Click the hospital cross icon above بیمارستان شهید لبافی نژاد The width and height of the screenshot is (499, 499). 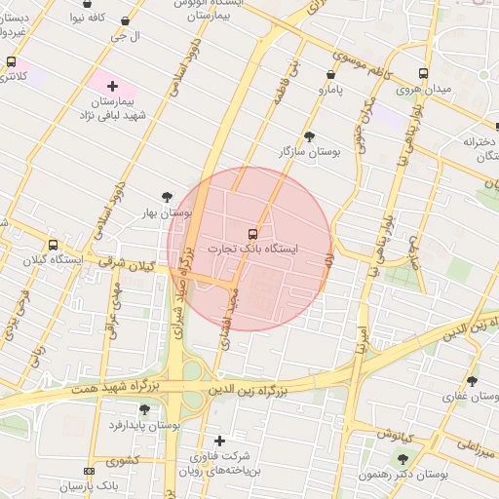(113, 87)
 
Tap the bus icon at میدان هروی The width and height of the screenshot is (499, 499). (423, 73)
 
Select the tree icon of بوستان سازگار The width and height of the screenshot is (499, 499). (310, 136)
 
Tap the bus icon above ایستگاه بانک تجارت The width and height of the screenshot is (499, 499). (253, 234)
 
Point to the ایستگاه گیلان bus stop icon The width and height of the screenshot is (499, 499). (53, 246)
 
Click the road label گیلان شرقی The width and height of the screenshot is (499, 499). (131, 264)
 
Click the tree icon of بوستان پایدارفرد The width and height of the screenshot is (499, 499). (144, 409)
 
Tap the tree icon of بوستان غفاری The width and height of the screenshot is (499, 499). (473, 381)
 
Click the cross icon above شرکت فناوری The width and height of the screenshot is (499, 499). (219, 441)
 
